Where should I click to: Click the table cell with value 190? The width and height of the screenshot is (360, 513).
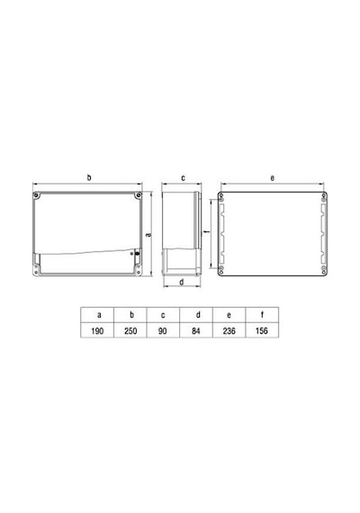pyautogui.click(x=97, y=330)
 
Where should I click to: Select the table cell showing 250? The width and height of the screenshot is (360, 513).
pyautogui.click(x=130, y=330)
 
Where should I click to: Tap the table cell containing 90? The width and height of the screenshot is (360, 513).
pyautogui.click(x=163, y=330)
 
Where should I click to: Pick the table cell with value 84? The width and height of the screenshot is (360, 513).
pyautogui.click(x=196, y=330)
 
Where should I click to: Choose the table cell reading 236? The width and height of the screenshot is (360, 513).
pyautogui.click(x=229, y=330)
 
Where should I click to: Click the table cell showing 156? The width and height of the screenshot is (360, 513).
pyautogui.click(x=262, y=330)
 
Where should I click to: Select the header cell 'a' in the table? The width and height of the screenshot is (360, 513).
pyautogui.click(x=97, y=315)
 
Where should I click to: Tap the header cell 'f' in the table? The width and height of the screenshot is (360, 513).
pyautogui.click(x=262, y=315)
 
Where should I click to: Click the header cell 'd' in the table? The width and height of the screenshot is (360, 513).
pyautogui.click(x=196, y=315)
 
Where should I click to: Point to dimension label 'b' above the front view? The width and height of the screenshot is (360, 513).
pyautogui.click(x=89, y=177)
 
